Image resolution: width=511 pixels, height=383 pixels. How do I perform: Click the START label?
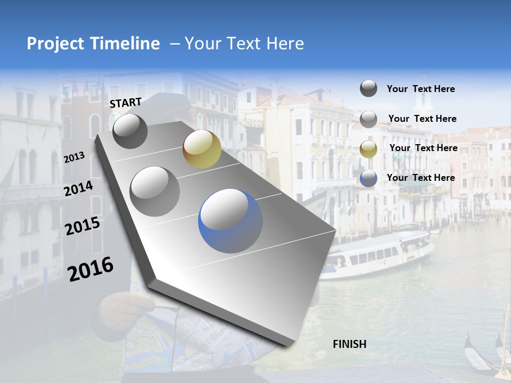pyautogui.click(x=126, y=103)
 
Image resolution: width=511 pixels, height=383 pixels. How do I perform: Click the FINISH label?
pyautogui.click(x=349, y=344)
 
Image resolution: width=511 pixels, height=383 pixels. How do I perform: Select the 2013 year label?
pyautogui.click(x=75, y=157)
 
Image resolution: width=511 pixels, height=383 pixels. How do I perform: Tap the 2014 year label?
pyautogui.click(x=79, y=188)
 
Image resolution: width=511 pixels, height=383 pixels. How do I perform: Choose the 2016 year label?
pyautogui.click(x=90, y=269)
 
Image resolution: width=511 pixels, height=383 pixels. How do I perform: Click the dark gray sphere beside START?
pyautogui.click(x=130, y=131)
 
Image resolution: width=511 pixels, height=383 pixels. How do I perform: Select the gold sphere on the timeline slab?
pyautogui.click(x=202, y=148)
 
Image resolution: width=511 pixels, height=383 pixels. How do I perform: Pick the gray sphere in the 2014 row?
pyautogui.click(x=155, y=191)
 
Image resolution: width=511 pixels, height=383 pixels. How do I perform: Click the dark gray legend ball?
pyautogui.click(x=368, y=88)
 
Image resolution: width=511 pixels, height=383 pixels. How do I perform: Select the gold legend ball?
pyautogui.click(x=368, y=149)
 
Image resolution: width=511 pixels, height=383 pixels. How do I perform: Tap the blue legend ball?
pyautogui.click(x=368, y=178)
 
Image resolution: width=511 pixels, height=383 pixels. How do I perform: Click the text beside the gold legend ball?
pyautogui.click(x=423, y=148)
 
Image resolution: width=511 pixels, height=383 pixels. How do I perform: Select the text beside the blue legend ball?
pyautogui.click(x=421, y=178)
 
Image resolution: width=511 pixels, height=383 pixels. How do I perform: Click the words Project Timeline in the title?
pyautogui.click(x=93, y=44)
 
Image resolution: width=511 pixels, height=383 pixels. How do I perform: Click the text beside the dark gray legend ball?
pyautogui.click(x=421, y=89)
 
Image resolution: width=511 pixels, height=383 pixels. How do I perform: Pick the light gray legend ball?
pyautogui.click(x=368, y=119)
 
